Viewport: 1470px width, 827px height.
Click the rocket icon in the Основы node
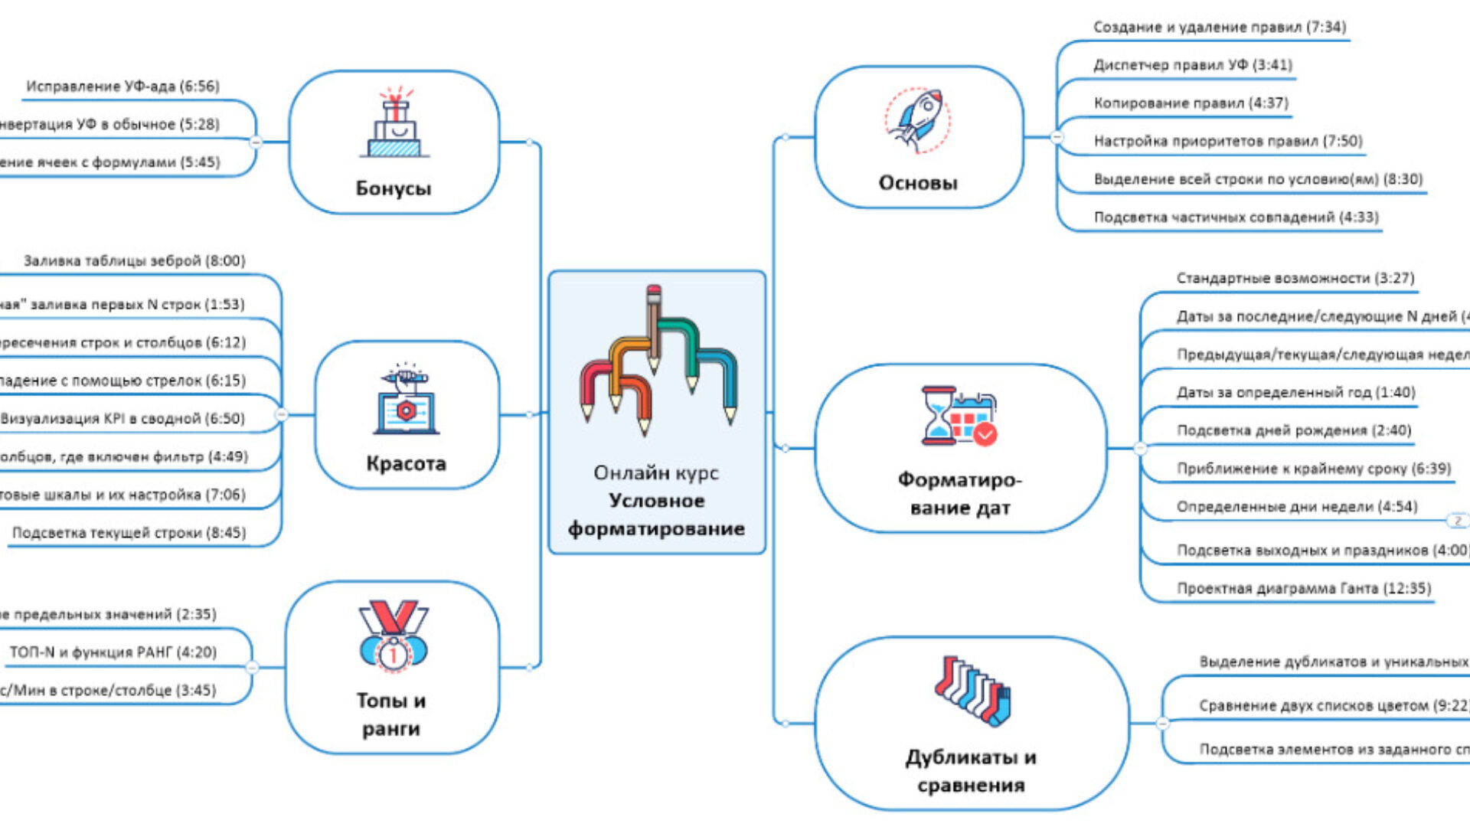[x=918, y=119]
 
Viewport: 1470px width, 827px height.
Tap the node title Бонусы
[x=394, y=188]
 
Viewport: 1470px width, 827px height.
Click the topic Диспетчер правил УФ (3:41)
[x=1192, y=65]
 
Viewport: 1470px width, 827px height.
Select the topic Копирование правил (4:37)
[x=1191, y=103]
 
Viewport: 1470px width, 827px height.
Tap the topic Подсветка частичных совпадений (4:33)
[x=1236, y=217]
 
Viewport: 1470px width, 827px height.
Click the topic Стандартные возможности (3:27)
[x=1295, y=278]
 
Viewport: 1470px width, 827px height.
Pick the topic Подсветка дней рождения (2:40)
[x=1293, y=430]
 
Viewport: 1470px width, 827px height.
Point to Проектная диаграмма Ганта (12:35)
[x=1303, y=589]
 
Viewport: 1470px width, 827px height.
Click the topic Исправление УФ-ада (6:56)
[x=122, y=87]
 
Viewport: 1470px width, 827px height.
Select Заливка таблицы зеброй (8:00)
[x=134, y=261]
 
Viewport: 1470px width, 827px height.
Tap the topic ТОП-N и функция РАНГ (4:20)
[x=113, y=652]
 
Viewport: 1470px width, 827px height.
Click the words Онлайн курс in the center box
[x=656, y=473]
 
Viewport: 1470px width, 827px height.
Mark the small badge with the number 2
[x=1457, y=521]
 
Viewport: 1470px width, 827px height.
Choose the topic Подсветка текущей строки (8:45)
[x=129, y=533]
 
